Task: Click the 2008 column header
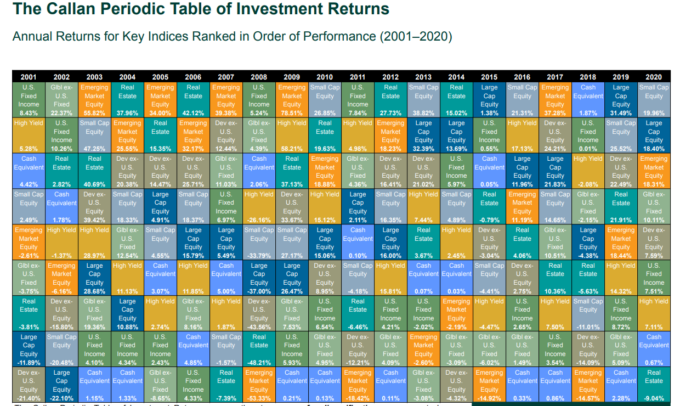[x=259, y=77]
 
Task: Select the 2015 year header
[x=489, y=77]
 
